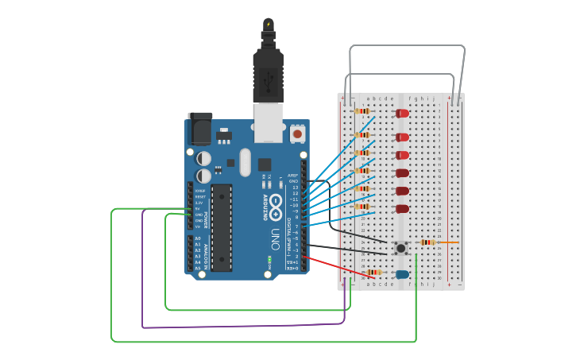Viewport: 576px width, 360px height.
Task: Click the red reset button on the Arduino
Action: click(297, 134)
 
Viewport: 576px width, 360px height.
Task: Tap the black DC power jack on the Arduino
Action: click(199, 129)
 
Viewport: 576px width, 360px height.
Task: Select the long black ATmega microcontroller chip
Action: click(222, 227)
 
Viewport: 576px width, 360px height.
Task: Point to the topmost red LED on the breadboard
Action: click(403, 113)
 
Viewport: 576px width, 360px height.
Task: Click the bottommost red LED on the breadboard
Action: click(403, 209)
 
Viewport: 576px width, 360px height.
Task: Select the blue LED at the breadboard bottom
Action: click(402, 274)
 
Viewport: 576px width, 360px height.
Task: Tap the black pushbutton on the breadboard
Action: click(400, 248)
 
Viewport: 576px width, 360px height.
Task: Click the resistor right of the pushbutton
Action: click(427, 242)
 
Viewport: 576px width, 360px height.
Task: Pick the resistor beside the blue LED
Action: click(374, 272)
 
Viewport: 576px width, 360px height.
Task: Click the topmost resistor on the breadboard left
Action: click(362, 111)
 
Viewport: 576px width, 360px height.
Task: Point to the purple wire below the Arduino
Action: click(238, 326)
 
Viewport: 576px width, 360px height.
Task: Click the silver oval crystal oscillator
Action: click(245, 162)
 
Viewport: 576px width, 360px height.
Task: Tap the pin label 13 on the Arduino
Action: click(296, 188)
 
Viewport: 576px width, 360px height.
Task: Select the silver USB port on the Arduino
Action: click(269, 118)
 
